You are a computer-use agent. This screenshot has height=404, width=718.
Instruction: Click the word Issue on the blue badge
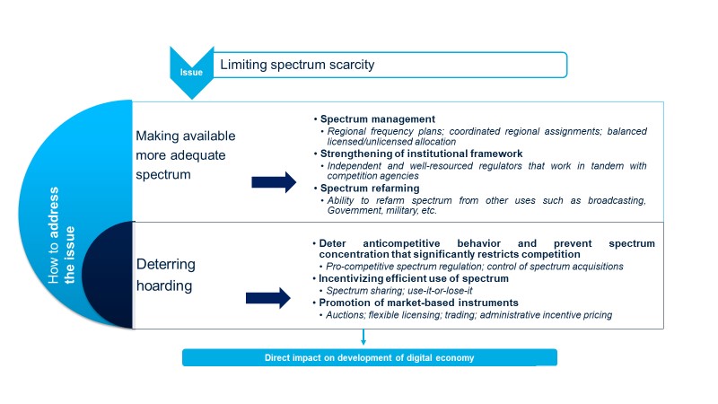pos(191,73)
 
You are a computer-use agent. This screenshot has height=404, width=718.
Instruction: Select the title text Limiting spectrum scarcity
pos(297,65)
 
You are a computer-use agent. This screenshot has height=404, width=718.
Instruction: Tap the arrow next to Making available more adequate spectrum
pos(274,182)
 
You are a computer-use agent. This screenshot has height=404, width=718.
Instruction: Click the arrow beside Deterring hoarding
pos(267,299)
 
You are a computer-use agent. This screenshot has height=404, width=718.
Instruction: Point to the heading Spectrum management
pos(378,119)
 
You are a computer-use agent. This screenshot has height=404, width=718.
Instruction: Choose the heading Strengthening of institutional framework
pos(421,154)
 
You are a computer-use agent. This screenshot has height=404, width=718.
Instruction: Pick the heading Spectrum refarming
pos(370,189)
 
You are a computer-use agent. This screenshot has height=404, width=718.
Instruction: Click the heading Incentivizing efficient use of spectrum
pos(414,278)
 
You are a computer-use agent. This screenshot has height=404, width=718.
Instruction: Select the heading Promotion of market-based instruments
pos(418,303)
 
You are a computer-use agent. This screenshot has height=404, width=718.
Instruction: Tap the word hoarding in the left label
pos(164,285)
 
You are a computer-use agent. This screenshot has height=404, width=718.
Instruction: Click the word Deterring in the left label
pos(166,264)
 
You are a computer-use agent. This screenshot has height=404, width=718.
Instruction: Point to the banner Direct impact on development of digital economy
pos(370,357)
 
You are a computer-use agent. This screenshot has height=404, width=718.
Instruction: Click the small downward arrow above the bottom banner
pos(363,337)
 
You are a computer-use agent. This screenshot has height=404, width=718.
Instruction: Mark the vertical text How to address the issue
pos(61,235)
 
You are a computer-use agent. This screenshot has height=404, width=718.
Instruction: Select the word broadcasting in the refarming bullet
pos(617,200)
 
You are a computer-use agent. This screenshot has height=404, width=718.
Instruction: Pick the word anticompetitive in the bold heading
pos(401,243)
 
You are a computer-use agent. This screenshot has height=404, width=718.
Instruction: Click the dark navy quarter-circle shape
pos(109,276)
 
